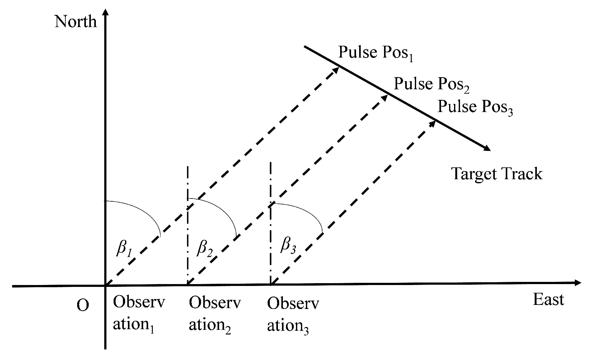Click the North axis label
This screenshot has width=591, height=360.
pyautogui.click(x=76, y=22)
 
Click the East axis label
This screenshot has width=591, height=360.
pyautogui.click(x=548, y=300)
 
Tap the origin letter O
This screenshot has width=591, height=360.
pyautogui.click(x=82, y=305)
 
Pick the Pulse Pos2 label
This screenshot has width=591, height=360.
pyautogui.click(x=432, y=84)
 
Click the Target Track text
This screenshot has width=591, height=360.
pyautogui.click(x=497, y=174)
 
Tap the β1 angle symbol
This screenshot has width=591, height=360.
pyautogui.click(x=124, y=249)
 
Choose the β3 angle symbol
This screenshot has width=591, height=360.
pyautogui.click(x=288, y=245)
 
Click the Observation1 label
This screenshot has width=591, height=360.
pyautogui.click(x=138, y=314)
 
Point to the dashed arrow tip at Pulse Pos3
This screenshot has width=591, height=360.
pyautogui.click(x=433, y=123)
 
